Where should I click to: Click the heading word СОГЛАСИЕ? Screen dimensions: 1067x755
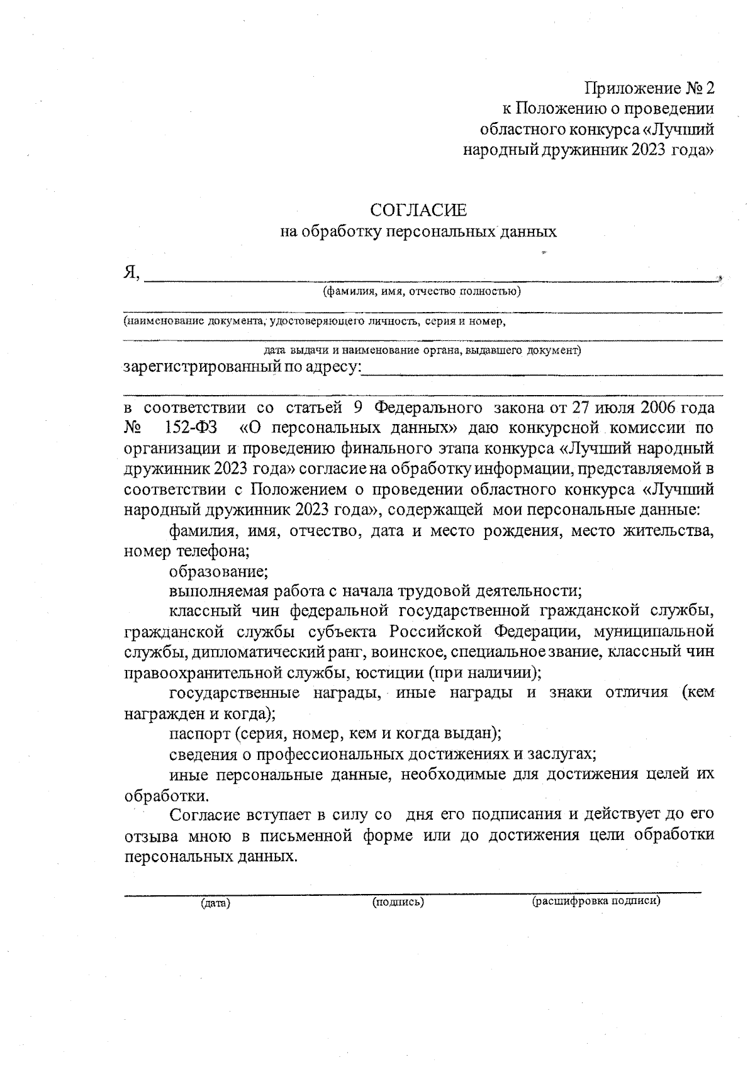pos(418,209)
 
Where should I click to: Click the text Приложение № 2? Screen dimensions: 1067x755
pos(649,87)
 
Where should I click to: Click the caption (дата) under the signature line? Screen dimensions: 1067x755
pos(215,903)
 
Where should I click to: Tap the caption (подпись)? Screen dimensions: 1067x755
pos(398,902)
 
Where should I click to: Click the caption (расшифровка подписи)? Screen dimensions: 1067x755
pos(596,901)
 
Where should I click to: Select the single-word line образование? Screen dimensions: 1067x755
pos(219,572)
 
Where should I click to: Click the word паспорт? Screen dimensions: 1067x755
pos(199,734)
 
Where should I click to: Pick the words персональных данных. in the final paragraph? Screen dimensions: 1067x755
pos(210,857)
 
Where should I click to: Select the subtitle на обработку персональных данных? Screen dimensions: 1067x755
pos(418,232)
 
